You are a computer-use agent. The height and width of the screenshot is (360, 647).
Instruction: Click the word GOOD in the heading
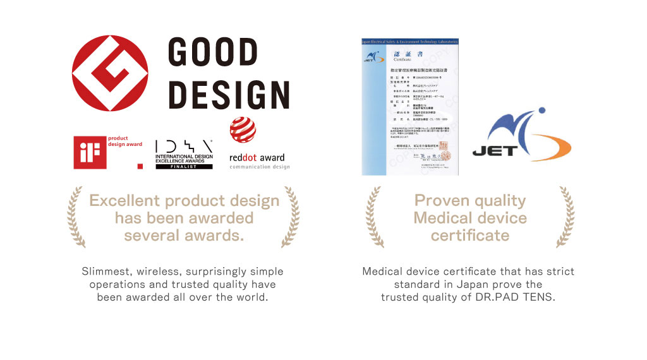pyautogui.click(x=214, y=53)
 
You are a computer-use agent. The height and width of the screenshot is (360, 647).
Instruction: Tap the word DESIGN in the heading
pyautogui.click(x=229, y=94)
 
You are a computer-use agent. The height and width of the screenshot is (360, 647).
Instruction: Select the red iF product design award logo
pyautogui.click(x=89, y=153)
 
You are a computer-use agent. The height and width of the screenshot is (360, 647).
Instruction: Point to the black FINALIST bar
pyautogui.click(x=184, y=167)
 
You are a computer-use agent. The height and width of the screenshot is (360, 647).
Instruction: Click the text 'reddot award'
pyautogui.click(x=257, y=158)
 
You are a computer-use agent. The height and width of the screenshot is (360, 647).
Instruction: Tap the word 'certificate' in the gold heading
pyautogui.click(x=469, y=236)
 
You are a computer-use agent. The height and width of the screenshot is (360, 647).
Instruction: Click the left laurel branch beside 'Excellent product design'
pyautogui.click(x=76, y=217)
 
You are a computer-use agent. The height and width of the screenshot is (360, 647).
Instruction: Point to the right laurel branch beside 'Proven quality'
pyautogui.click(x=565, y=217)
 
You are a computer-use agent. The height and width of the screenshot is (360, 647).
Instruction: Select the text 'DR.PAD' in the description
pyautogui.click(x=497, y=297)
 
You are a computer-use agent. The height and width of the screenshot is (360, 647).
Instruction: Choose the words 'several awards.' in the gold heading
pyautogui.click(x=184, y=236)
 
